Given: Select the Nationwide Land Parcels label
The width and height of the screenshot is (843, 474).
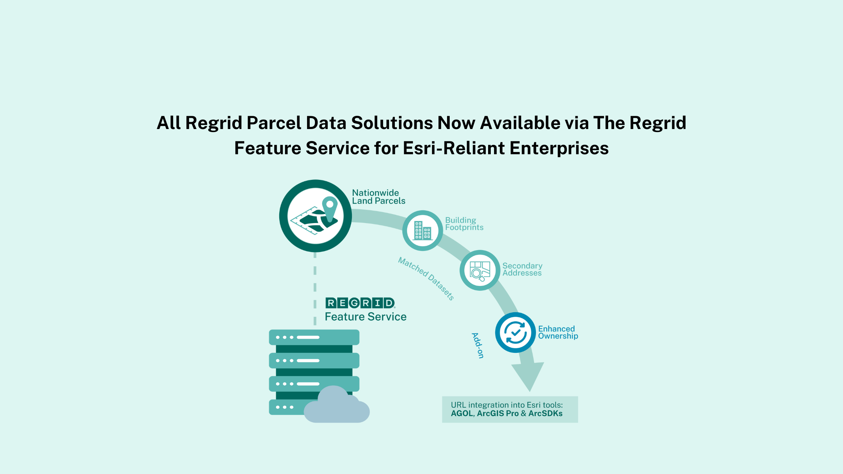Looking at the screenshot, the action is pos(379,197).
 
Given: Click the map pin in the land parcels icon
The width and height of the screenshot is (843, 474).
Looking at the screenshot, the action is pos(330,209).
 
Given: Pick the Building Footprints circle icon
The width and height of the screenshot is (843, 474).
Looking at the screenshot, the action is pos(423,231).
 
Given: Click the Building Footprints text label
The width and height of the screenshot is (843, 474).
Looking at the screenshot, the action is pos(464,224).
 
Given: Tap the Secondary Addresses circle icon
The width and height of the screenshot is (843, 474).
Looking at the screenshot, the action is pos(480,270).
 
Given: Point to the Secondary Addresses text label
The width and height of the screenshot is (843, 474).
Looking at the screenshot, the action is pos(522,269).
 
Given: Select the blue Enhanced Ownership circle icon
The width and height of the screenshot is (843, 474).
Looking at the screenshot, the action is pos(515,333).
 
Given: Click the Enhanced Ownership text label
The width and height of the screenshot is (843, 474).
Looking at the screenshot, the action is pos(558,333).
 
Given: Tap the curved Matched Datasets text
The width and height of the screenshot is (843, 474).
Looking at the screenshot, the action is pos(426,278).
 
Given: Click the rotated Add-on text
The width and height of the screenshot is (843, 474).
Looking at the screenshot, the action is pos(478,345).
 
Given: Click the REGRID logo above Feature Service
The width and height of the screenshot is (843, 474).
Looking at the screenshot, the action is pos(360,303).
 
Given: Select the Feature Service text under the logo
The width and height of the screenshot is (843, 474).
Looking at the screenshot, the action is pos(365,317).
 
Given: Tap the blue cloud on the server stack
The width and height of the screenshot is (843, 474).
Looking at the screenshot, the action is pos(336,406).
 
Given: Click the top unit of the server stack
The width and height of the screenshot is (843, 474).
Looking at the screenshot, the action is pos(314,337).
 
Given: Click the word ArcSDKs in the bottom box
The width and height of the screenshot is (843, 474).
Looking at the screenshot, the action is pos(545,413).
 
